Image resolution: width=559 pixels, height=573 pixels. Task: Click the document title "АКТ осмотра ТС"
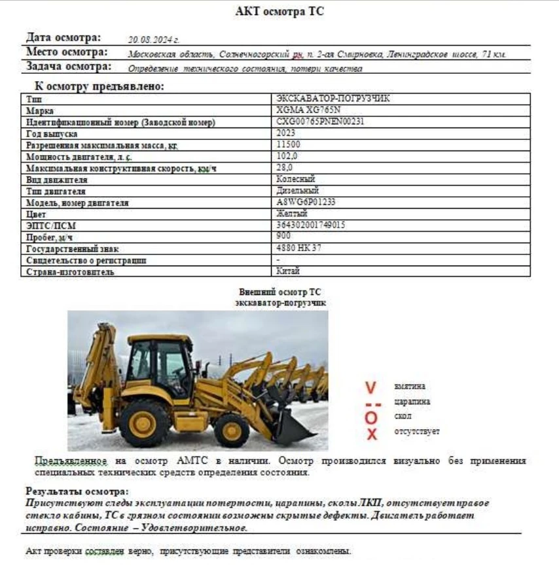(279, 11)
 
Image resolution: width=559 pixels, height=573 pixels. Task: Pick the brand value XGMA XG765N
(309, 110)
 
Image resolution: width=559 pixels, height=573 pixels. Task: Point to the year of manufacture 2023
(286, 133)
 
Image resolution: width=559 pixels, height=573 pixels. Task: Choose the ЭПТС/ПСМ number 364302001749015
(311, 225)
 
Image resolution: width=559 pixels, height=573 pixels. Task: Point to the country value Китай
(288, 271)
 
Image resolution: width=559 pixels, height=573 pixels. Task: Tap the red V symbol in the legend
(370, 389)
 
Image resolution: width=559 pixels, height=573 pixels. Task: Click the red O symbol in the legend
(371, 417)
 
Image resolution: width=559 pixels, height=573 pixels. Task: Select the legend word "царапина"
(412, 402)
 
